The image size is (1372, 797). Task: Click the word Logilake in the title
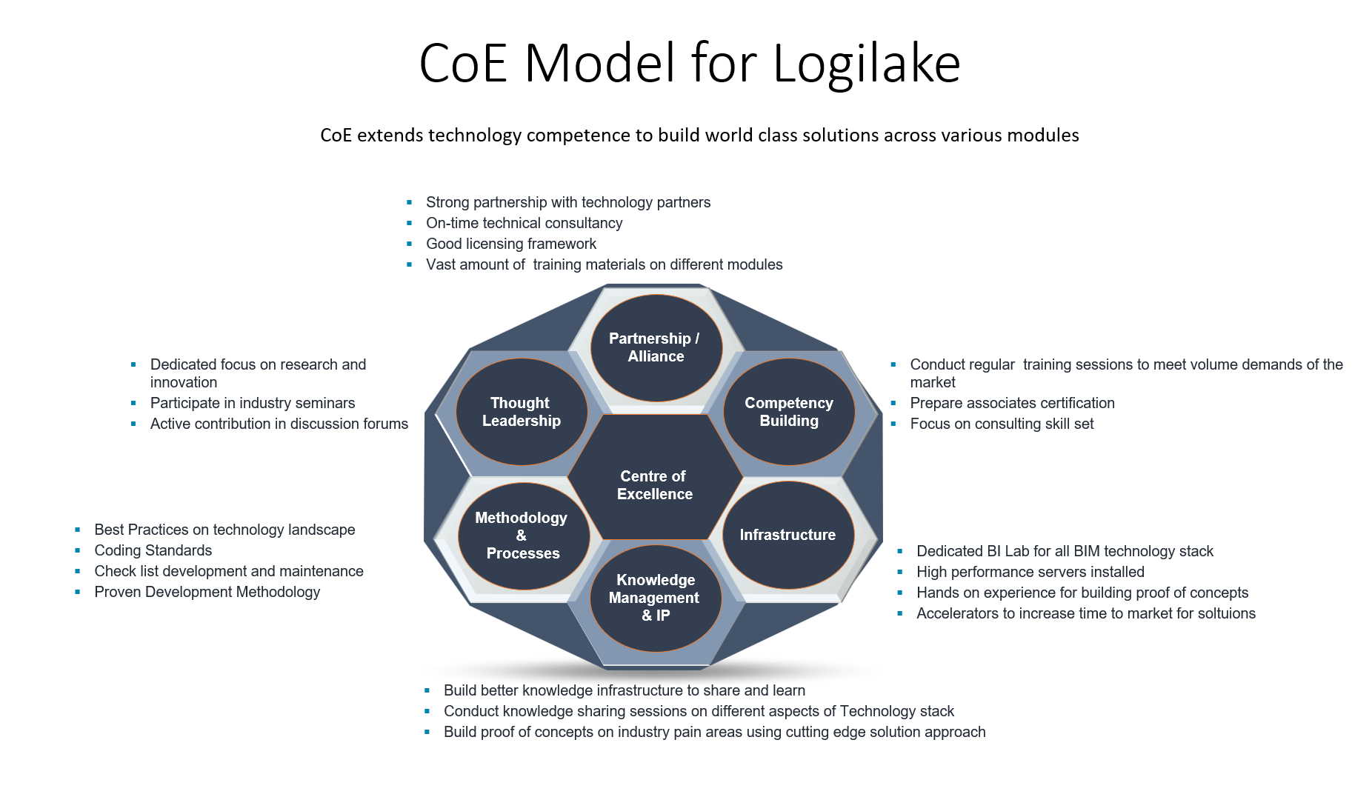click(x=866, y=64)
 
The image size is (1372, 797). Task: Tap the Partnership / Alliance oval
click(x=656, y=347)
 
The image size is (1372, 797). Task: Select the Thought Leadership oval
click(x=522, y=412)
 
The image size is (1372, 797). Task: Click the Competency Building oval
click(x=789, y=412)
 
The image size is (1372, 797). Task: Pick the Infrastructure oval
click(x=787, y=535)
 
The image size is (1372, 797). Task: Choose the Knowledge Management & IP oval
click(x=656, y=598)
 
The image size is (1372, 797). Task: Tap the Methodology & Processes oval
click(x=522, y=536)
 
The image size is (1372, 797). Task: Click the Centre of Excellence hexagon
click(x=655, y=485)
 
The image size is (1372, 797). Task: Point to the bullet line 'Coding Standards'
click(x=153, y=550)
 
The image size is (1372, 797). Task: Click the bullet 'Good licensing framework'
click(x=511, y=244)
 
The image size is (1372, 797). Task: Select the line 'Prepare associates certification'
click(x=1012, y=403)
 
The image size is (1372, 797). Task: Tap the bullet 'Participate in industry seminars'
click(x=253, y=403)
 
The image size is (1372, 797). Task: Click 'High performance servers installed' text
click(x=1030, y=572)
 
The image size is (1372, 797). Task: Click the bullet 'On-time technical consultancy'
click(x=524, y=223)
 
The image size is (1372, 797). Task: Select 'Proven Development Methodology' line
click(x=207, y=592)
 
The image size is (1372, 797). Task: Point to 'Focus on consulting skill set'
click(x=1002, y=424)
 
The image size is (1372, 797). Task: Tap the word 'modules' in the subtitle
click(x=1047, y=136)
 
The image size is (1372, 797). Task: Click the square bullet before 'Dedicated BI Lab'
click(x=900, y=551)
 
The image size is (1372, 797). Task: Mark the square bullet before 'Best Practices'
click(x=78, y=530)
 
